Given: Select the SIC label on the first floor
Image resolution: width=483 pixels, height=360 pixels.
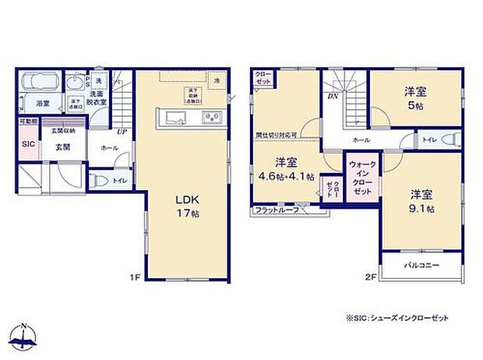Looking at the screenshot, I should (27, 144).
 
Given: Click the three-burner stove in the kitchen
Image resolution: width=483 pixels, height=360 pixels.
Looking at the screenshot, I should (212, 118).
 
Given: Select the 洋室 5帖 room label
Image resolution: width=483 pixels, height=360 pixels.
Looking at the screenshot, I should (414, 97).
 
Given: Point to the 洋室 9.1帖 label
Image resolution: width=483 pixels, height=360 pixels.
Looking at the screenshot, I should (418, 201).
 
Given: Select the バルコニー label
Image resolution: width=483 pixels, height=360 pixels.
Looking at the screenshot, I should (421, 266).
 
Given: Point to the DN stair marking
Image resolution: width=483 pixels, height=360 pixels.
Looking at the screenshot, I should (332, 96).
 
